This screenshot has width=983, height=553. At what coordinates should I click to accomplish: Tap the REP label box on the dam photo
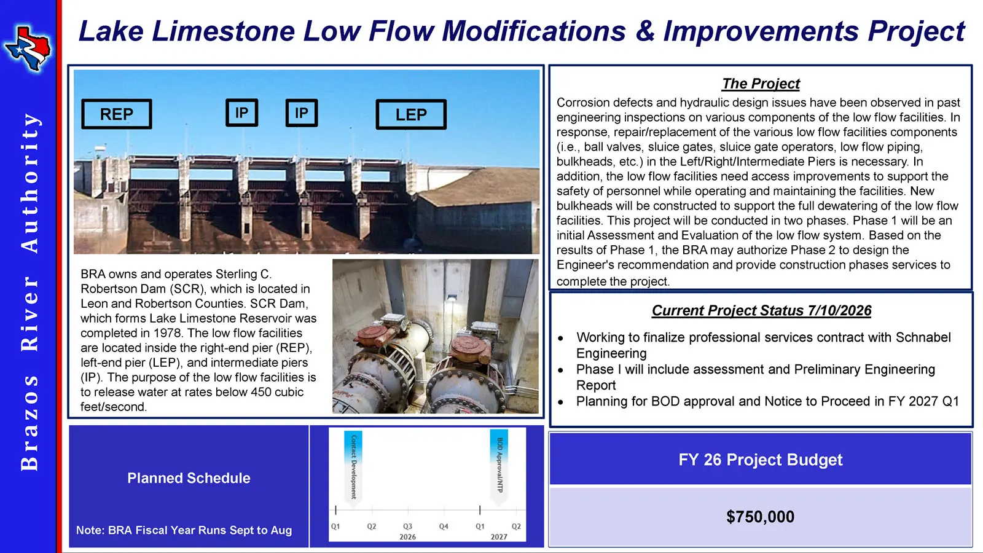point(117,114)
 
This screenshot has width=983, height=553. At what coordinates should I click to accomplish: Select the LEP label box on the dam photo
point(411,114)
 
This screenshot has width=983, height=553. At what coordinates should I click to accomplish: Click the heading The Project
point(761,84)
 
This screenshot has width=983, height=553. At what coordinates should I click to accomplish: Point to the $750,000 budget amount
point(760,517)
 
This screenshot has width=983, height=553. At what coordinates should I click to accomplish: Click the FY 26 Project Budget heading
point(760,460)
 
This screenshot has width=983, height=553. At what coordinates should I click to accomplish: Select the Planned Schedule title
point(189,478)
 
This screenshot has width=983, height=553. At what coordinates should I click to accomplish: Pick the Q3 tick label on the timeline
point(408,526)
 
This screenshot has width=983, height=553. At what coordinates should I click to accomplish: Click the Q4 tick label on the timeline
point(444,526)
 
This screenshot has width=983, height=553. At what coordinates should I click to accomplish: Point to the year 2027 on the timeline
point(499,537)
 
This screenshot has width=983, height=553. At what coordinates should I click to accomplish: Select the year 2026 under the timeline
point(408,537)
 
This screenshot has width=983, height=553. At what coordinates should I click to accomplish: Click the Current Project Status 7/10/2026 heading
point(761,311)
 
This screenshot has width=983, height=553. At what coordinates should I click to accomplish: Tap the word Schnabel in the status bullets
point(923,337)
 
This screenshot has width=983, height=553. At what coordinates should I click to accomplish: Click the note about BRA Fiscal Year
point(184,530)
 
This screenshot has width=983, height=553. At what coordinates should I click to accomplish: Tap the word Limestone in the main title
point(224,31)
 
